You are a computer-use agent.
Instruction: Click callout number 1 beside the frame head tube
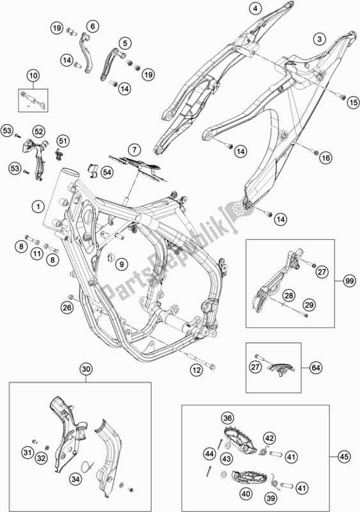point(38,207)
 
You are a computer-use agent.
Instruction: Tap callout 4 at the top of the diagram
point(255,9)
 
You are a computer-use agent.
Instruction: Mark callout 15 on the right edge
point(352,102)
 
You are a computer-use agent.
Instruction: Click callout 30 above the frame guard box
point(86,369)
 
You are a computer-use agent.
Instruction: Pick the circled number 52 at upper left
point(39,131)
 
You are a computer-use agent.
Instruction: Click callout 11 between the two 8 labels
point(38,254)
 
